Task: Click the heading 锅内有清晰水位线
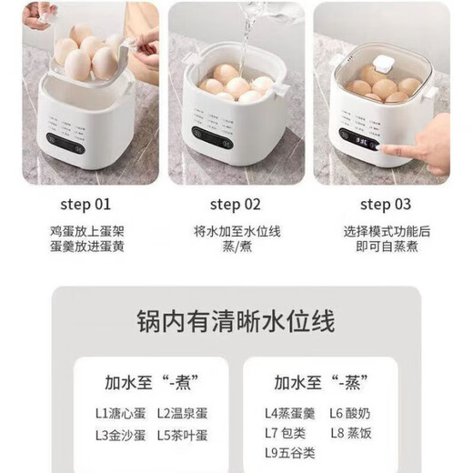(x=236, y=320)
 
